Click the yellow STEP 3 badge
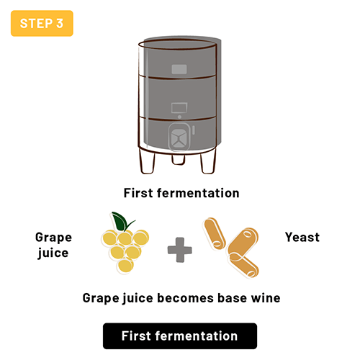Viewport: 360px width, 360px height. click(42, 24)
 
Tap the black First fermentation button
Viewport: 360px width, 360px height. click(179, 336)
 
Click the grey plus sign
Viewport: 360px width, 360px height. click(179, 251)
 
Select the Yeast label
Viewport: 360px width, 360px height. click(302, 237)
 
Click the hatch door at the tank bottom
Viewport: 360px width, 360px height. click(180, 138)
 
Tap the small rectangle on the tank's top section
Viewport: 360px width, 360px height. click(179, 70)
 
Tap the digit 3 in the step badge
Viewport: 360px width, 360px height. click(59, 24)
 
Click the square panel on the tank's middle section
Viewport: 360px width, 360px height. click(179, 108)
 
